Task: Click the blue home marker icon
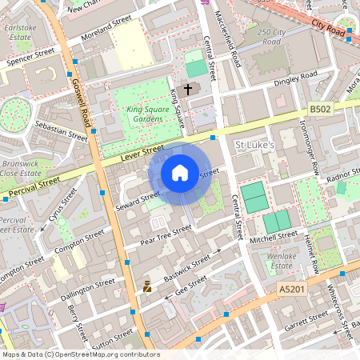tap(180, 172)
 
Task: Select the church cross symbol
tap(189, 89)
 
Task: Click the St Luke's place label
tap(254, 145)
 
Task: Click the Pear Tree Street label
tap(166, 233)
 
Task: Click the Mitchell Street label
tap(274, 238)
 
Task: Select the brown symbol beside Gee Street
tap(146, 286)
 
